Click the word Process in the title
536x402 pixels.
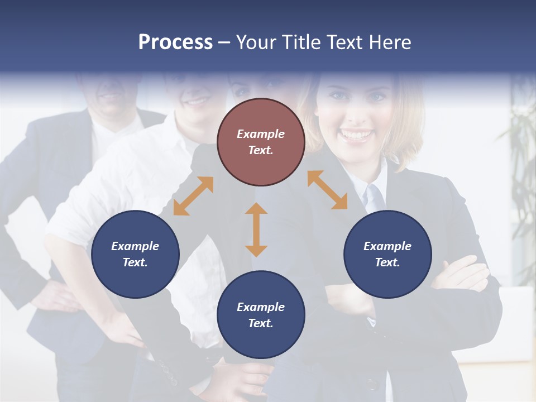coord(175,42)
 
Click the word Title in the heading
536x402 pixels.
coord(301,42)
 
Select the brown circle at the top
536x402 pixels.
coord(261,142)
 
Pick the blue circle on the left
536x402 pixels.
coord(135,254)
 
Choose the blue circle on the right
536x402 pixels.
coord(387,254)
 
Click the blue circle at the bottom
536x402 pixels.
coord(261,315)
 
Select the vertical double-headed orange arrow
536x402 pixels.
coord(256,229)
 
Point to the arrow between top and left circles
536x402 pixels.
coord(193,196)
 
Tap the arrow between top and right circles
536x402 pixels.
coord(327,190)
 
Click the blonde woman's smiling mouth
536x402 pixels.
coord(356,135)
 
